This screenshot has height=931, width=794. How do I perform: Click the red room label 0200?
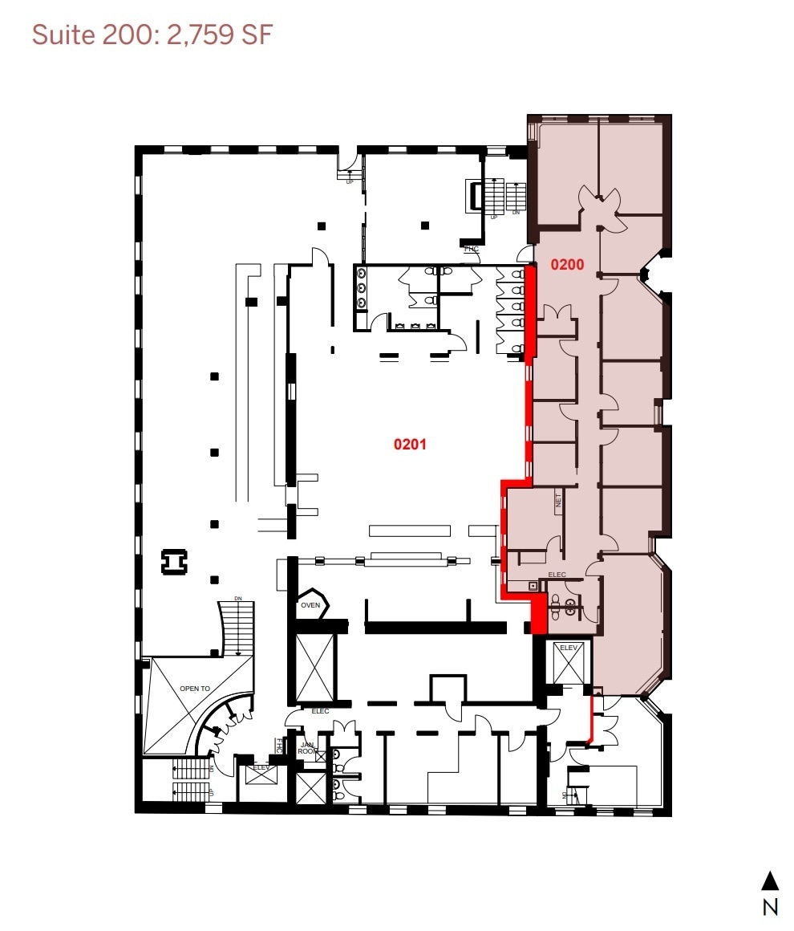pyautogui.click(x=565, y=263)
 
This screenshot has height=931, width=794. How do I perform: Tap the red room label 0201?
pyautogui.click(x=409, y=443)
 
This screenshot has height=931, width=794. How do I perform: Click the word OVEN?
pyautogui.click(x=310, y=606)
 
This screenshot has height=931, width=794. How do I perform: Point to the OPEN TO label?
pyautogui.click(x=194, y=688)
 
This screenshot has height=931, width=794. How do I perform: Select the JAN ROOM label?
pyautogui.click(x=308, y=748)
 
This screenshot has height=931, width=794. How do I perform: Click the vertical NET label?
pyautogui.click(x=559, y=502)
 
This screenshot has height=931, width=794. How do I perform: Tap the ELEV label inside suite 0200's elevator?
pyautogui.click(x=569, y=647)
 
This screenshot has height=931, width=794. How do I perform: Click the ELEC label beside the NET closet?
pyautogui.click(x=557, y=575)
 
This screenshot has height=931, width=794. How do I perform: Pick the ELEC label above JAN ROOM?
pyautogui.click(x=320, y=711)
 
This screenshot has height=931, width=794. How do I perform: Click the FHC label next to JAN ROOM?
pyautogui.click(x=280, y=746)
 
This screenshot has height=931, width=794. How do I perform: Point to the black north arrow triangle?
pyautogui.click(x=770, y=880)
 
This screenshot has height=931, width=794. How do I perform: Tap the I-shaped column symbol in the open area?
pyautogui.click(x=172, y=562)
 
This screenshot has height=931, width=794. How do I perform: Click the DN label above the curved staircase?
pyautogui.click(x=238, y=599)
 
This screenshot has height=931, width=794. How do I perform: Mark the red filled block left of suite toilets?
pyautogui.click(x=539, y=614)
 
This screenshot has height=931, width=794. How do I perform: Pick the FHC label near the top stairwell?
pyautogui.click(x=471, y=249)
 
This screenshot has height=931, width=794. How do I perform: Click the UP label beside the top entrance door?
pyautogui.click(x=350, y=182)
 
